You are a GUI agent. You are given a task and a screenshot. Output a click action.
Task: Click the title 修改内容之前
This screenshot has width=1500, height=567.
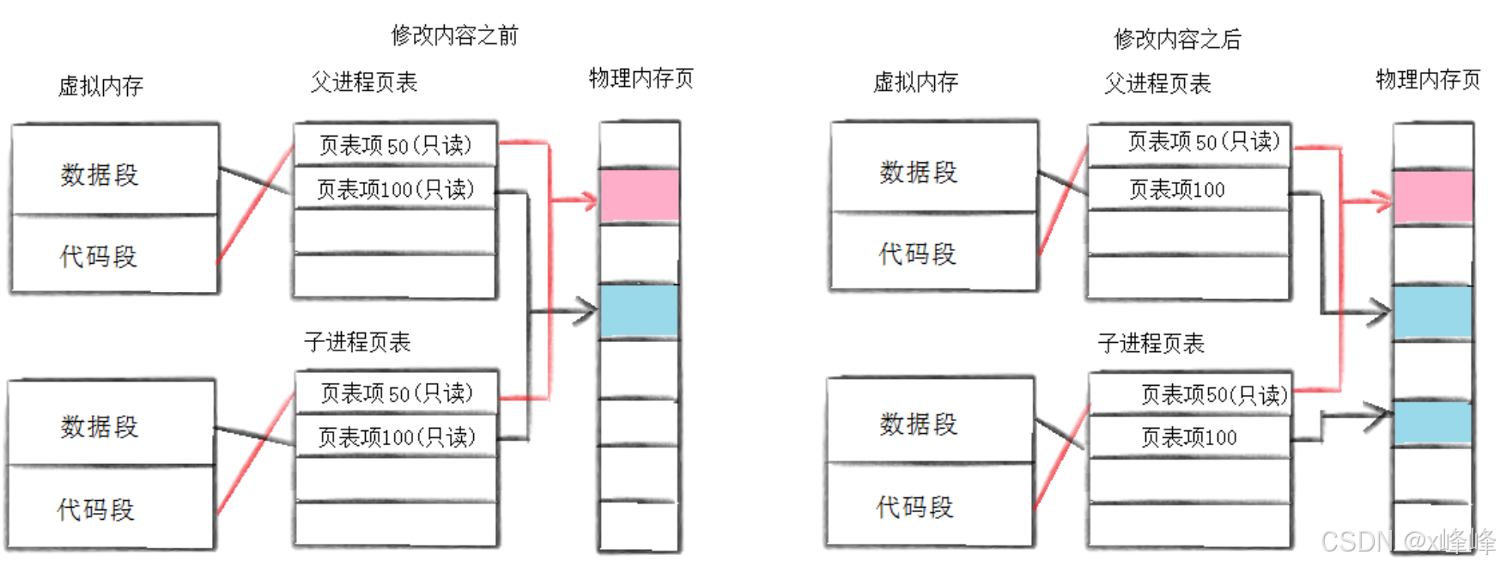(455, 35)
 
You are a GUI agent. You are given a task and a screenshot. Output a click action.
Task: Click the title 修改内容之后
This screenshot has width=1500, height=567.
(1177, 39)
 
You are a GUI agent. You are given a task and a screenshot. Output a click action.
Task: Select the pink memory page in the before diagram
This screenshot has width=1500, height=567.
(639, 196)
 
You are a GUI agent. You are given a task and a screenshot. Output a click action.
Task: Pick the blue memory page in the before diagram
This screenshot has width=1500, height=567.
(639, 310)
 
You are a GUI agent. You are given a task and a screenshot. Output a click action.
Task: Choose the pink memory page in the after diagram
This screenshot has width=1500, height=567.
(1432, 198)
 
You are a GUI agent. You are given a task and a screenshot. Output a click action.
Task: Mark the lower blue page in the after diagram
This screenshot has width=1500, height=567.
(1432, 422)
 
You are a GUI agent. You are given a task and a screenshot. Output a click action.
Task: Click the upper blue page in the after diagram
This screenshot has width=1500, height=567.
(1432, 313)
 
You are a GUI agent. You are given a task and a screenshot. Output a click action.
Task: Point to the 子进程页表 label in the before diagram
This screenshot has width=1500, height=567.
(357, 342)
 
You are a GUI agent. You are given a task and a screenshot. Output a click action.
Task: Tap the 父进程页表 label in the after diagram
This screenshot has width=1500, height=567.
(1157, 83)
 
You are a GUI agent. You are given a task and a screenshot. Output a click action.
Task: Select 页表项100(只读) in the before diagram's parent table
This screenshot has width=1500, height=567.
(395, 189)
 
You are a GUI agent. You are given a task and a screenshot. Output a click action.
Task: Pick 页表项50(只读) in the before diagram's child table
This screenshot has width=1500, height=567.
(397, 393)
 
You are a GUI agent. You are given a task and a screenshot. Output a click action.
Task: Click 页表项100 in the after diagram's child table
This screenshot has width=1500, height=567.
(1188, 438)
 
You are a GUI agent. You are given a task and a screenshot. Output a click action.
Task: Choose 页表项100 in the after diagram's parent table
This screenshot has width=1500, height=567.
(1177, 190)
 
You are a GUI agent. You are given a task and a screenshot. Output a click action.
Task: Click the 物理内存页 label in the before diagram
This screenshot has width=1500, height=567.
(641, 79)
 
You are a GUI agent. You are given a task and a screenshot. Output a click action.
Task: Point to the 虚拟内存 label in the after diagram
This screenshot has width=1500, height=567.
(915, 82)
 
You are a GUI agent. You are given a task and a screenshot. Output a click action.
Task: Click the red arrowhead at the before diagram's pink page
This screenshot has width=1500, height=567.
(590, 201)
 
